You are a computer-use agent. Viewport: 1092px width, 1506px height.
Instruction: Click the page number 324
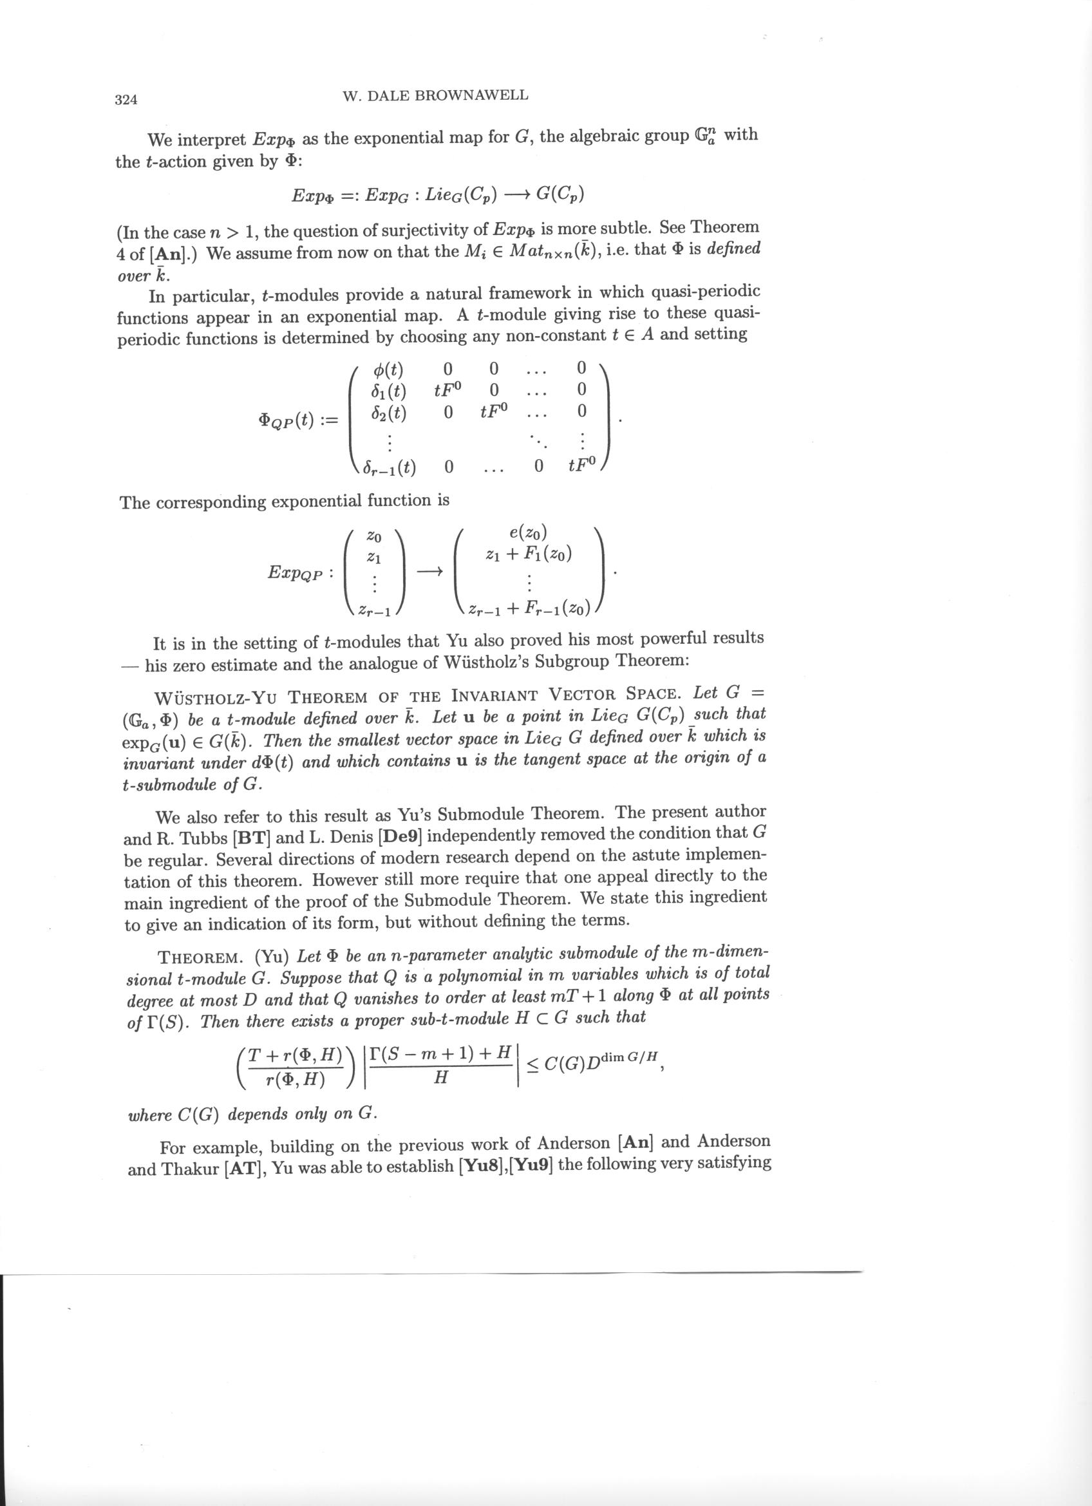(x=126, y=100)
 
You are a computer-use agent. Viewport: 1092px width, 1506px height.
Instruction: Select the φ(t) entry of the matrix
(x=388, y=369)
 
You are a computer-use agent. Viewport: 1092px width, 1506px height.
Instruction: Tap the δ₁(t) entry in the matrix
(x=389, y=390)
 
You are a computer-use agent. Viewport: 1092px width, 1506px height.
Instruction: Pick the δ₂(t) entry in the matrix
(x=389, y=412)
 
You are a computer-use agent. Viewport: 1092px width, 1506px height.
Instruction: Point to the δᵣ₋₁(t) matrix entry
(x=390, y=468)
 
